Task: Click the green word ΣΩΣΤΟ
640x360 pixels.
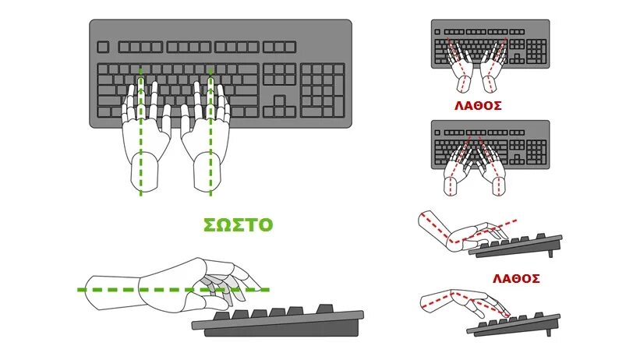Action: pos(238,225)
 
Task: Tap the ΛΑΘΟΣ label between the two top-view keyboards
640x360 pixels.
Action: pos(477,105)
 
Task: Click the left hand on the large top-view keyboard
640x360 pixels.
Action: pos(146,140)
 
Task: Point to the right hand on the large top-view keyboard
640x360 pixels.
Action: pos(204,140)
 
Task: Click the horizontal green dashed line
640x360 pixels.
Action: pos(101,290)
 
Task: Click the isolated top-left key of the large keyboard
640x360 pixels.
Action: pos(103,47)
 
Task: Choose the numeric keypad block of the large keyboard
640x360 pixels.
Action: pos(323,90)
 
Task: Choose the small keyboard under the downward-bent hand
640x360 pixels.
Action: pos(518,323)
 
